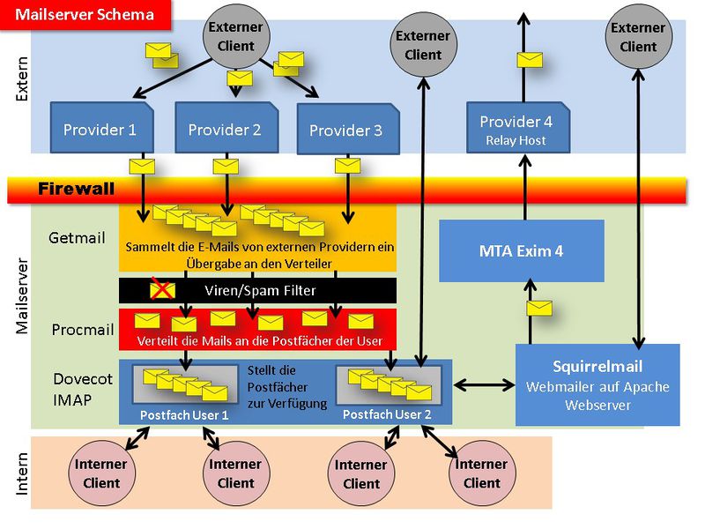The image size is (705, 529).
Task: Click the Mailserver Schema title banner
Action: point(85,15)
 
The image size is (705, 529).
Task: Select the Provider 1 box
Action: point(101,128)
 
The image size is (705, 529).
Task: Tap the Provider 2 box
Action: point(226,128)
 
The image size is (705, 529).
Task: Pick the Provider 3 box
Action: point(348,129)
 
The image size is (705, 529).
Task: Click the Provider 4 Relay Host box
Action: point(518,128)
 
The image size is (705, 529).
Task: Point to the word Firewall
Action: point(76,189)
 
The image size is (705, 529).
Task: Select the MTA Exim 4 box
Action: point(522,251)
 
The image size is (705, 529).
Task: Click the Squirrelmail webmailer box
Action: point(597,385)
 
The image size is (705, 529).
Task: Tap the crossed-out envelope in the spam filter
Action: point(162,289)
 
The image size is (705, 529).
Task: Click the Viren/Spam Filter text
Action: point(260,291)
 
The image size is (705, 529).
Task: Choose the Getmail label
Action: point(77,237)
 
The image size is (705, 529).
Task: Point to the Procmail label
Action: point(83,330)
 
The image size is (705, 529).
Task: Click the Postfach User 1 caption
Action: point(184,415)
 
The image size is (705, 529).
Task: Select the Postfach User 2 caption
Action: point(387,414)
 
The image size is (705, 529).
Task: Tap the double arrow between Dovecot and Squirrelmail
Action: point(484,385)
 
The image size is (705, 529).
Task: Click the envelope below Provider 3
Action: point(347,166)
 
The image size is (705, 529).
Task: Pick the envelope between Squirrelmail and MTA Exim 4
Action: point(539,308)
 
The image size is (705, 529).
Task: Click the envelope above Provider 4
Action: point(530,60)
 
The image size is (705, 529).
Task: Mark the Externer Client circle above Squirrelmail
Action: point(638,37)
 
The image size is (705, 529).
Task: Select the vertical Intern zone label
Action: point(21,473)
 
